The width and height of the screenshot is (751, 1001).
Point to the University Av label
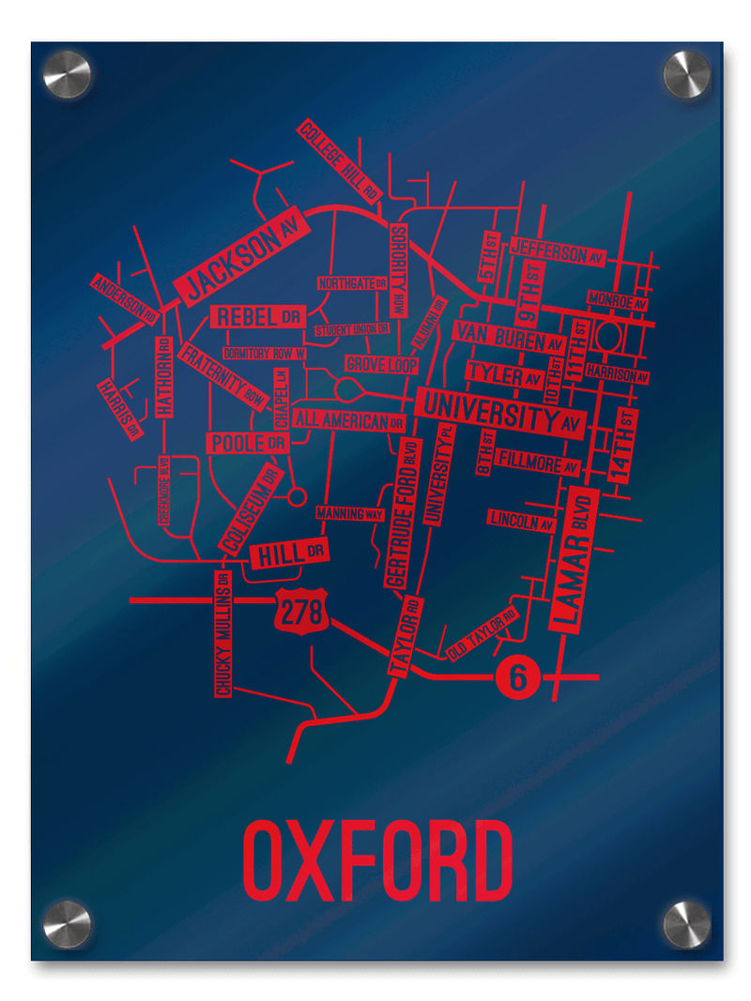pos(500,414)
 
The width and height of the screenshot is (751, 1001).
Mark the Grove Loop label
pos(381,364)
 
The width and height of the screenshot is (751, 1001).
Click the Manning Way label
pos(350,514)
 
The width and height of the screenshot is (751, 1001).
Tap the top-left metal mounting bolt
pos(67,75)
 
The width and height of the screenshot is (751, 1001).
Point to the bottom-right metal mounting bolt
pos(686,924)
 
